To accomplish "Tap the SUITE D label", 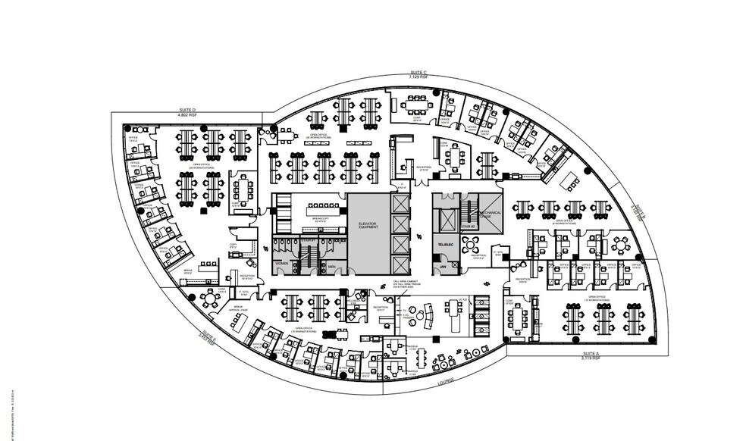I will click(x=189, y=110).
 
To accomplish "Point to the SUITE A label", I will click(x=591, y=354).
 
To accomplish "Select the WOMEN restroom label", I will click(x=283, y=264).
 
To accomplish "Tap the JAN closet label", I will click(x=443, y=266).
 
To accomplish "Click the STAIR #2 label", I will click(x=468, y=226).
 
